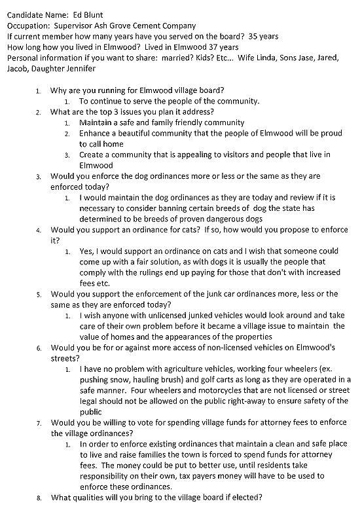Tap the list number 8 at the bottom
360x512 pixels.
(38, 498)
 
